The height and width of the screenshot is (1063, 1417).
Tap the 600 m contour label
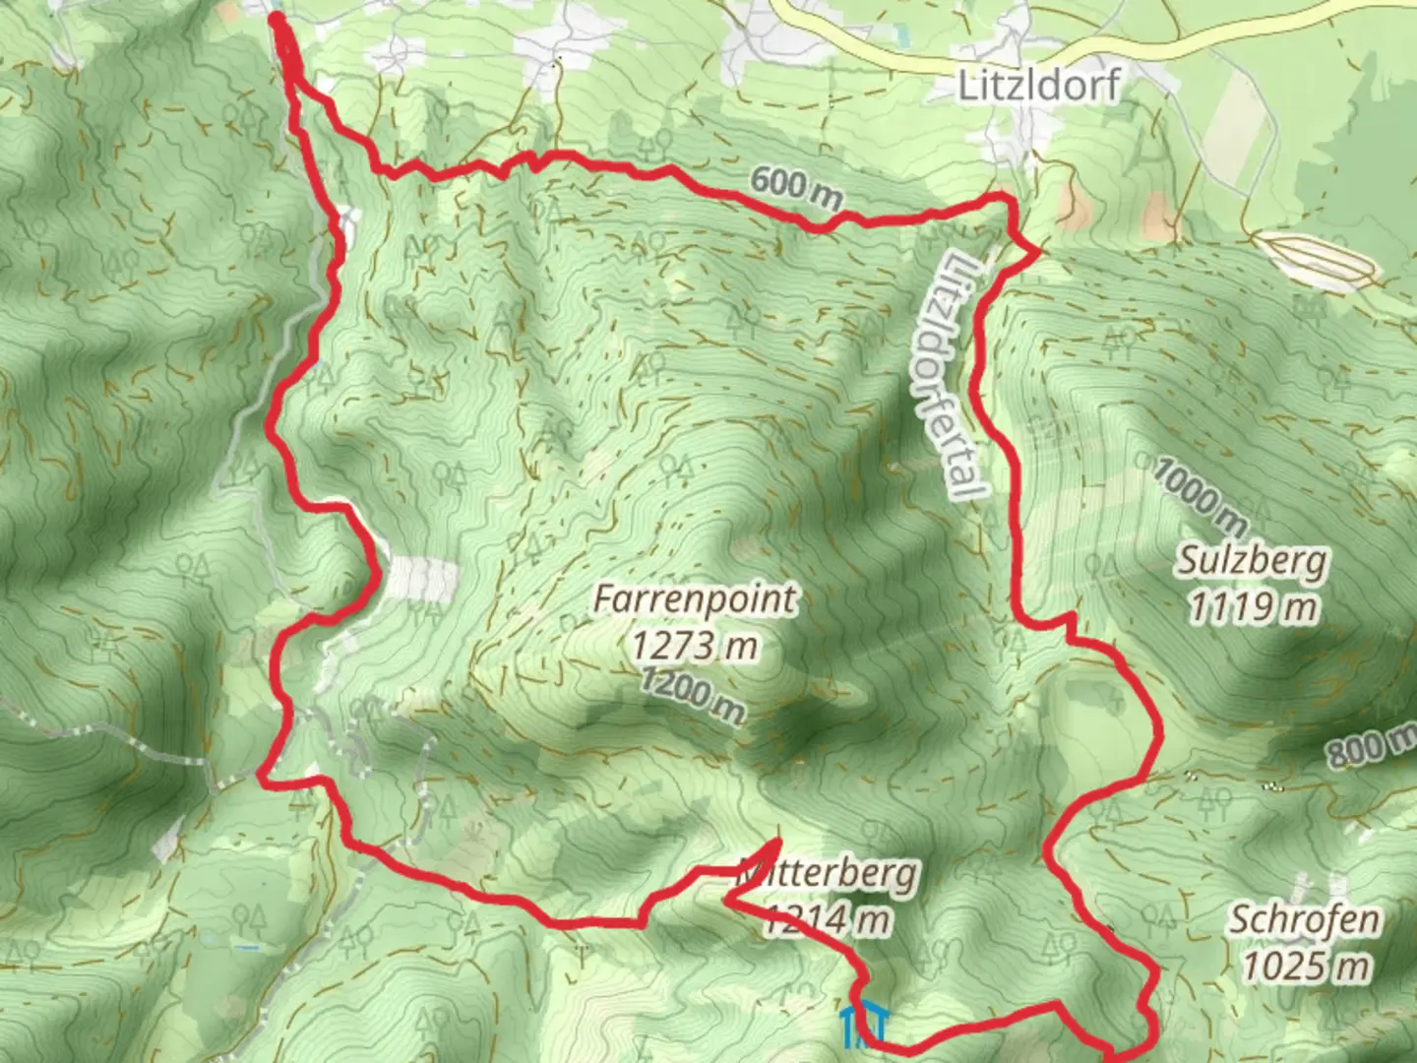[796, 188]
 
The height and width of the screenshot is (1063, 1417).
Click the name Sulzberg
[1253, 561]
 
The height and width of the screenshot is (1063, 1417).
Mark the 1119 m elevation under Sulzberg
[1253, 607]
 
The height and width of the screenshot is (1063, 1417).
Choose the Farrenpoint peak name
[695, 598]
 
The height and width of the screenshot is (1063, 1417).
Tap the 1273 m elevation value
[695, 646]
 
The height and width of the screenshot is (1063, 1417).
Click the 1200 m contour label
[693, 695]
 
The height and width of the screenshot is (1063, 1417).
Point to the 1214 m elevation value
[829, 919]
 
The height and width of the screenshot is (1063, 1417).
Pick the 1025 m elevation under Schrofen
[1305, 966]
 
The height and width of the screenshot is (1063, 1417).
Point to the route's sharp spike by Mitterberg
[777, 841]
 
